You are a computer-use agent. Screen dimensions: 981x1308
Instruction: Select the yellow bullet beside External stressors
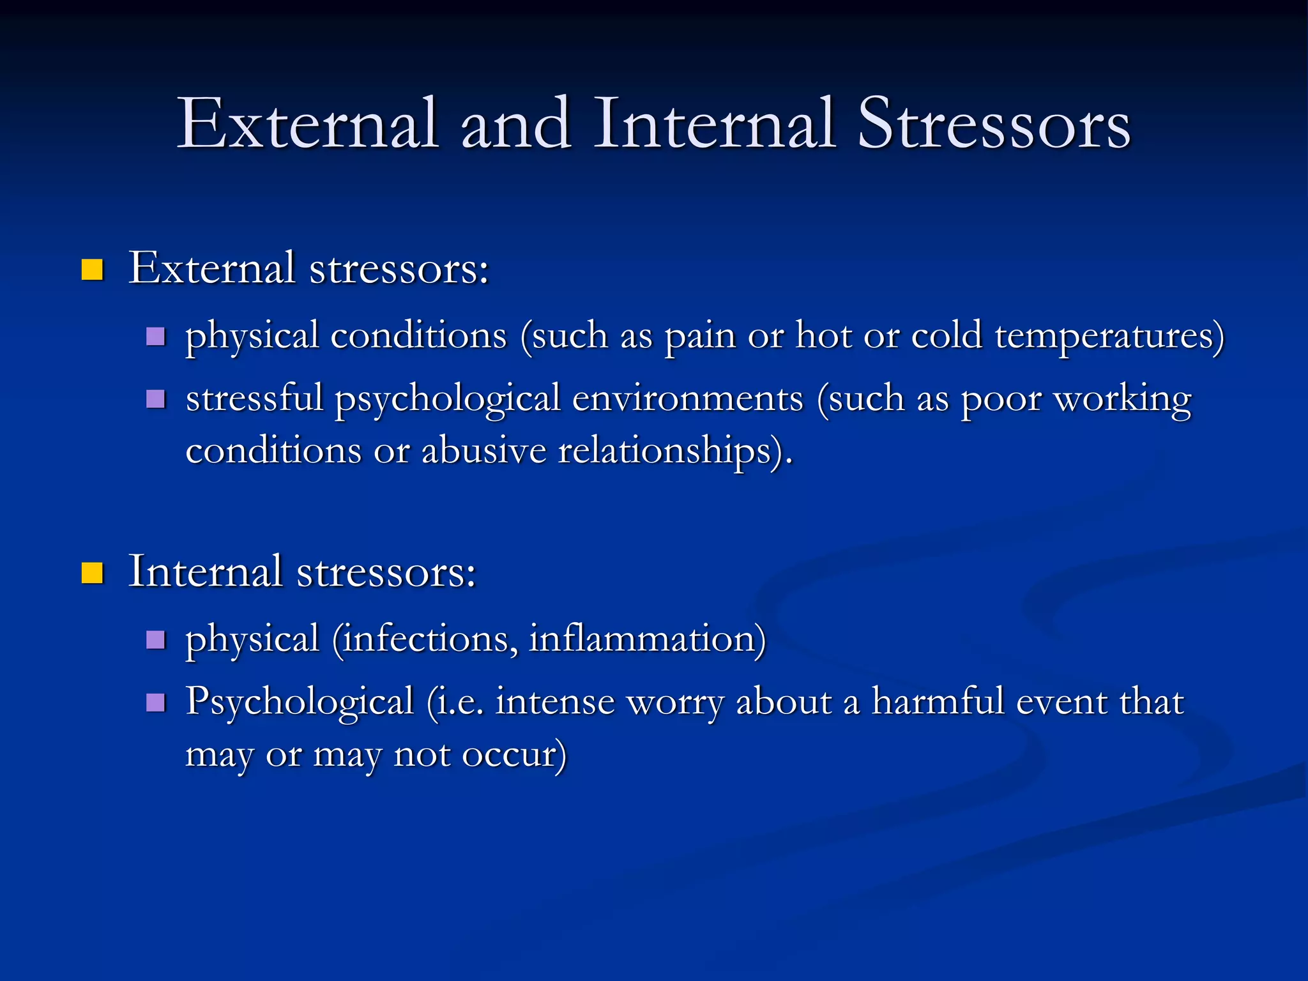coord(93,270)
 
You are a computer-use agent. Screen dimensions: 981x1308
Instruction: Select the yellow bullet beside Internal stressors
coord(93,573)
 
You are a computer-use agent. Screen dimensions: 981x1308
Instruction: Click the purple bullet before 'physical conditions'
coord(155,336)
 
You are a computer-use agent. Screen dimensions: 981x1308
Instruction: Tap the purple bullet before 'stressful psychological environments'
coord(155,399)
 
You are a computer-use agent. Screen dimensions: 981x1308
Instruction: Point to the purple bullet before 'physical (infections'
coord(155,639)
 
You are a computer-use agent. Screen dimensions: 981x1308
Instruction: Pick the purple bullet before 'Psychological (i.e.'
coord(155,703)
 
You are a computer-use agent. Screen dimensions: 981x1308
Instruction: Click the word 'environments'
coord(687,399)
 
